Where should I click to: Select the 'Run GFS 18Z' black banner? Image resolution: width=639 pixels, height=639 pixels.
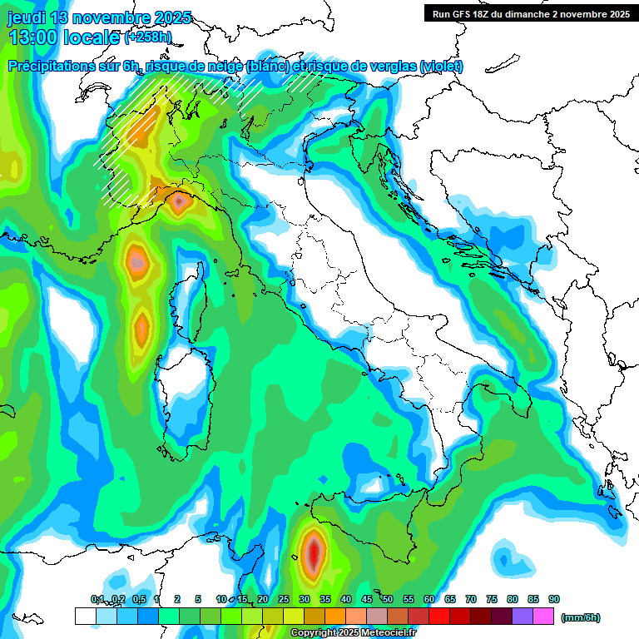pyautogui.click(x=530, y=13)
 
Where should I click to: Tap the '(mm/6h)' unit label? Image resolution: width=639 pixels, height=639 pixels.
pyautogui.click(x=580, y=617)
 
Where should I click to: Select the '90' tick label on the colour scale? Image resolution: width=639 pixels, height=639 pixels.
pyautogui.click(x=554, y=599)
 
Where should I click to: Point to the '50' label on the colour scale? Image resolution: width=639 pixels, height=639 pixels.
pyautogui.click(x=388, y=599)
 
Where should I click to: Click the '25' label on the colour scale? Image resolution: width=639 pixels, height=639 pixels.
pyautogui.click(x=284, y=599)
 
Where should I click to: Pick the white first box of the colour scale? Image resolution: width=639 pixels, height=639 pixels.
pyautogui.click(x=85, y=616)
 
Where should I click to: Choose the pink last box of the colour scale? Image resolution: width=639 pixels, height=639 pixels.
pyautogui.click(x=543, y=616)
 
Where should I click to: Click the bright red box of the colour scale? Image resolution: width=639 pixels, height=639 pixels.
pyautogui.click(x=439, y=616)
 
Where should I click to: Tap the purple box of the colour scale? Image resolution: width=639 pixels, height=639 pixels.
pyautogui.click(x=523, y=616)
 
